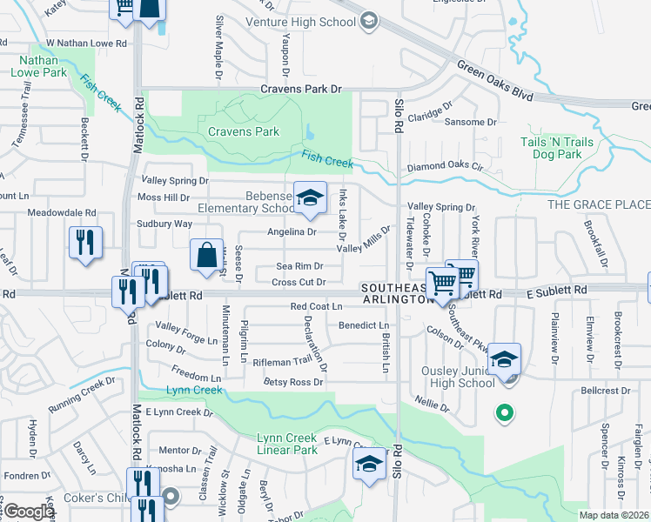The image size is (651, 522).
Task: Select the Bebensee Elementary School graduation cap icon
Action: coord(309,197)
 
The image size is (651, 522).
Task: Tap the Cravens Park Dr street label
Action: coord(302,90)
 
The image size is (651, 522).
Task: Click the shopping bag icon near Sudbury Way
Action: coord(207,256)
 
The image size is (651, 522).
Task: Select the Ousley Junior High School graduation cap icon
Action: coord(504,358)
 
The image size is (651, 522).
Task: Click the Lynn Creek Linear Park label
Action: coord(287,444)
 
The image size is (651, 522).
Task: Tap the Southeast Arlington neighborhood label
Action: coord(396,293)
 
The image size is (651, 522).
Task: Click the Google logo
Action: coord(29,512)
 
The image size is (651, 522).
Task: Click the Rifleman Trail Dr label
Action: coord(281,361)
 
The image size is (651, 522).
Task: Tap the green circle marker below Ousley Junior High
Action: coord(503,414)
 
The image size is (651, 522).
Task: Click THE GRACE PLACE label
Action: coord(598,204)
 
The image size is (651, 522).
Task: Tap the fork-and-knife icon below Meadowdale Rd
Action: coord(85,242)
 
